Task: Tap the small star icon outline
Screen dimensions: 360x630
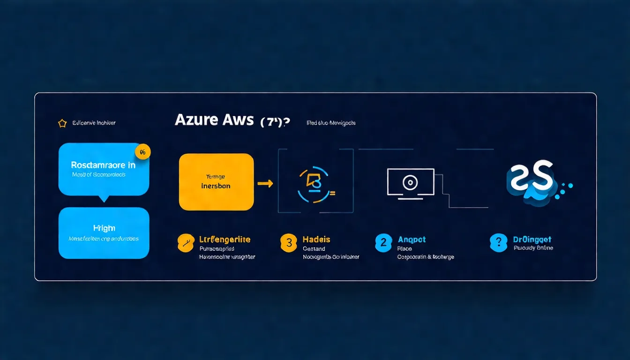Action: (x=62, y=123)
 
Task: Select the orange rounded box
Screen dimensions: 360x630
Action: (x=216, y=182)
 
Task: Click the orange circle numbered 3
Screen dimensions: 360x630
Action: (x=289, y=243)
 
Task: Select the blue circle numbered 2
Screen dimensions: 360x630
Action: (x=383, y=243)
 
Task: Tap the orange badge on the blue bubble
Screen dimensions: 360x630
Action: (x=142, y=151)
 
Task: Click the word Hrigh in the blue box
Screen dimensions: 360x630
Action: (x=104, y=228)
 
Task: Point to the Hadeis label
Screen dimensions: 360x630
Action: (x=316, y=240)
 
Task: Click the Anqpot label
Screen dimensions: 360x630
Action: (x=412, y=240)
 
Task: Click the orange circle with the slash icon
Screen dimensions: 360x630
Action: (x=186, y=243)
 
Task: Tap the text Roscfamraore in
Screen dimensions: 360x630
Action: (x=103, y=165)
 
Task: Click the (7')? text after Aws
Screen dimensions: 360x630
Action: (x=275, y=121)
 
